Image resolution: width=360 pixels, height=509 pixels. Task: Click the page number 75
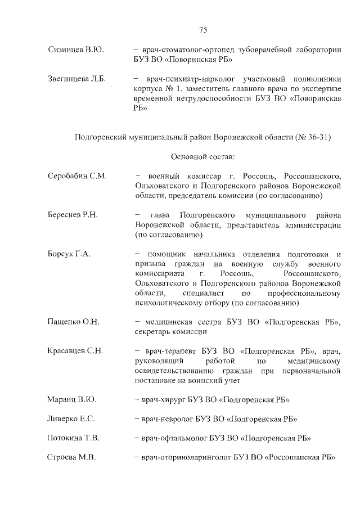click(x=204, y=30)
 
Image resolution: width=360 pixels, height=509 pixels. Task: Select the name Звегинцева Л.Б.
click(x=77, y=78)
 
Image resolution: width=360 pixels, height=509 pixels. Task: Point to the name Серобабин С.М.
click(x=77, y=176)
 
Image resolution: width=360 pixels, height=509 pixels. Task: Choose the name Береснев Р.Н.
click(x=73, y=215)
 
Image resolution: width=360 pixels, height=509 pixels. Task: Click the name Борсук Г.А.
click(x=70, y=254)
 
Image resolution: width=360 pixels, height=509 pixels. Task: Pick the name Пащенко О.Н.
click(x=74, y=322)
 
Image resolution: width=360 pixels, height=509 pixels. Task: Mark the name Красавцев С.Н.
click(x=75, y=352)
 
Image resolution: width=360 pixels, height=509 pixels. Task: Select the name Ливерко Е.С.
click(x=71, y=419)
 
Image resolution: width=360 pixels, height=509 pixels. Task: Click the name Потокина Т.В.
click(x=74, y=438)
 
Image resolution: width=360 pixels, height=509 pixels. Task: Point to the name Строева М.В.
click(x=72, y=457)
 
